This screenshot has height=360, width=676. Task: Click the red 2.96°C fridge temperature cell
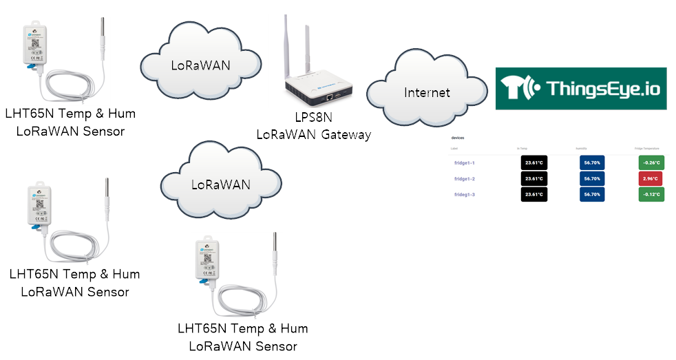click(x=651, y=179)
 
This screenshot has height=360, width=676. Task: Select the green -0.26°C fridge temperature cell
click(x=651, y=163)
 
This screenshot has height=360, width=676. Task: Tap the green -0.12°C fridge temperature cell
click(x=651, y=195)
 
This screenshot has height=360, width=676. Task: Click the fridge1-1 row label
click(x=465, y=163)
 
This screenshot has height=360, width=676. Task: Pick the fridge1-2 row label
click(x=465, y=179)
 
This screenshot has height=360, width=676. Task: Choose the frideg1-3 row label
click(x=465, y=195)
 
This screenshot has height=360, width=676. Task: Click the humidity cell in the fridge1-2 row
click(x=592, y=179)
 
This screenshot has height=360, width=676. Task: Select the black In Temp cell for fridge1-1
click(x=534, y=163)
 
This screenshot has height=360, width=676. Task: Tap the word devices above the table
click(x=457, y=138)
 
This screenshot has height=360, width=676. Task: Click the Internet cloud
click(x=427, y=92)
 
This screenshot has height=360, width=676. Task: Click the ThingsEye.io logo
click(x=581, y=88)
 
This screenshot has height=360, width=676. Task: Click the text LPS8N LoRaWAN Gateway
click(x=313, y=125)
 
